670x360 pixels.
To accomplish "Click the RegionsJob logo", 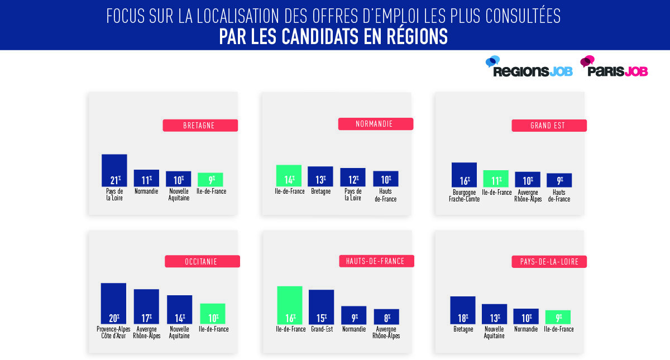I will pos(529,68).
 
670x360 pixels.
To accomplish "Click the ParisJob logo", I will pos(614,68).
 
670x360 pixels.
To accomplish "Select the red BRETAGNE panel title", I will pos(200,126).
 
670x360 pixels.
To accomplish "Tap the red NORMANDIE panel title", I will pos(375,124).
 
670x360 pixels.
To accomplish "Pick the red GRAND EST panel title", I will pos(549,126).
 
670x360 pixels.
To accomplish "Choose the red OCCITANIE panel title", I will pos(202,261).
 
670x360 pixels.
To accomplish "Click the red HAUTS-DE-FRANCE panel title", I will pos(375,261).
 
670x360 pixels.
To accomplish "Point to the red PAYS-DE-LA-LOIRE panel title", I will pos(549,261).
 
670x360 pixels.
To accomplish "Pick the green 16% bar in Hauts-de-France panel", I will pos(289,305).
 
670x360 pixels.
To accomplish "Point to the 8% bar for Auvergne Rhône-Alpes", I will pos(386,316).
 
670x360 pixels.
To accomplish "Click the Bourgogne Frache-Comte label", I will pos(463,196).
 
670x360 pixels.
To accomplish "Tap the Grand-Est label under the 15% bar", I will pos(321,329).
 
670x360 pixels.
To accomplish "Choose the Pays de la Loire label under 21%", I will pos(114,195).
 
